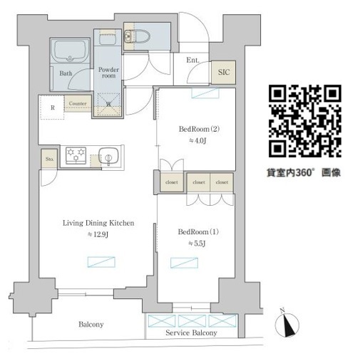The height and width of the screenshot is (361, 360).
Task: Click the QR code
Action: [304, 121]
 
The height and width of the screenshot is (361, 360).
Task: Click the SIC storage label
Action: [222, 72]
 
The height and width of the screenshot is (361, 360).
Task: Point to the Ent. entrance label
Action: [192, 61]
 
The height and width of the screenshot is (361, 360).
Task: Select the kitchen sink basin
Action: [107, 155]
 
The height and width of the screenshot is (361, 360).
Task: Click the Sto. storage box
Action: [48, 157]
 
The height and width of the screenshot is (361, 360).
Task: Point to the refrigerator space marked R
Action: [53, 108]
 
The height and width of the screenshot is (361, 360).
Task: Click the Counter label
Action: [78, 103]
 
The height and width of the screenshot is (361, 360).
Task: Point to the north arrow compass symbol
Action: [288, 324]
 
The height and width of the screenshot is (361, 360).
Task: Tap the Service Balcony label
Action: [191, 333]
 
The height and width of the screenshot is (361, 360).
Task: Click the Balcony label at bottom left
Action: [91, 325]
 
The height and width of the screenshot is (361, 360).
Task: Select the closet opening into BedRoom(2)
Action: [172, 182]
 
